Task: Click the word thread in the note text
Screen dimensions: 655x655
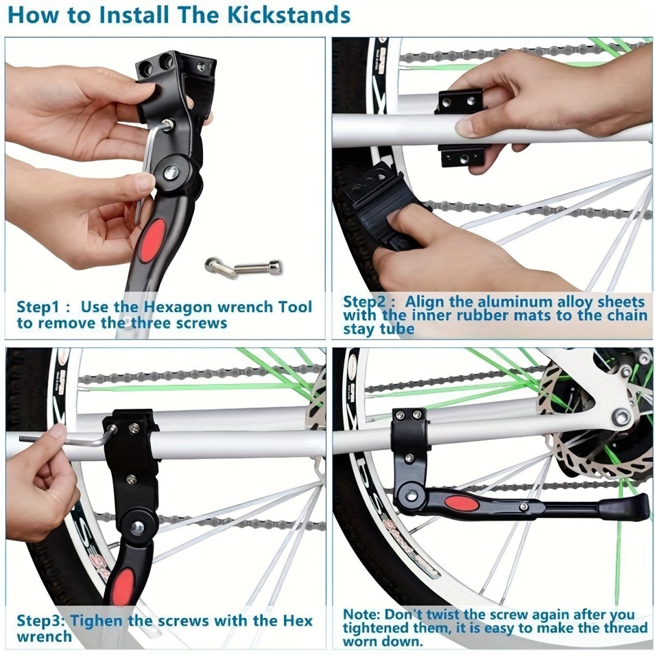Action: pos(622,628)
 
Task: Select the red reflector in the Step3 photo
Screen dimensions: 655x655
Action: pos(124,584)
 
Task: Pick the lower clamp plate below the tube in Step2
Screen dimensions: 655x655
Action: pos(462,157)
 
